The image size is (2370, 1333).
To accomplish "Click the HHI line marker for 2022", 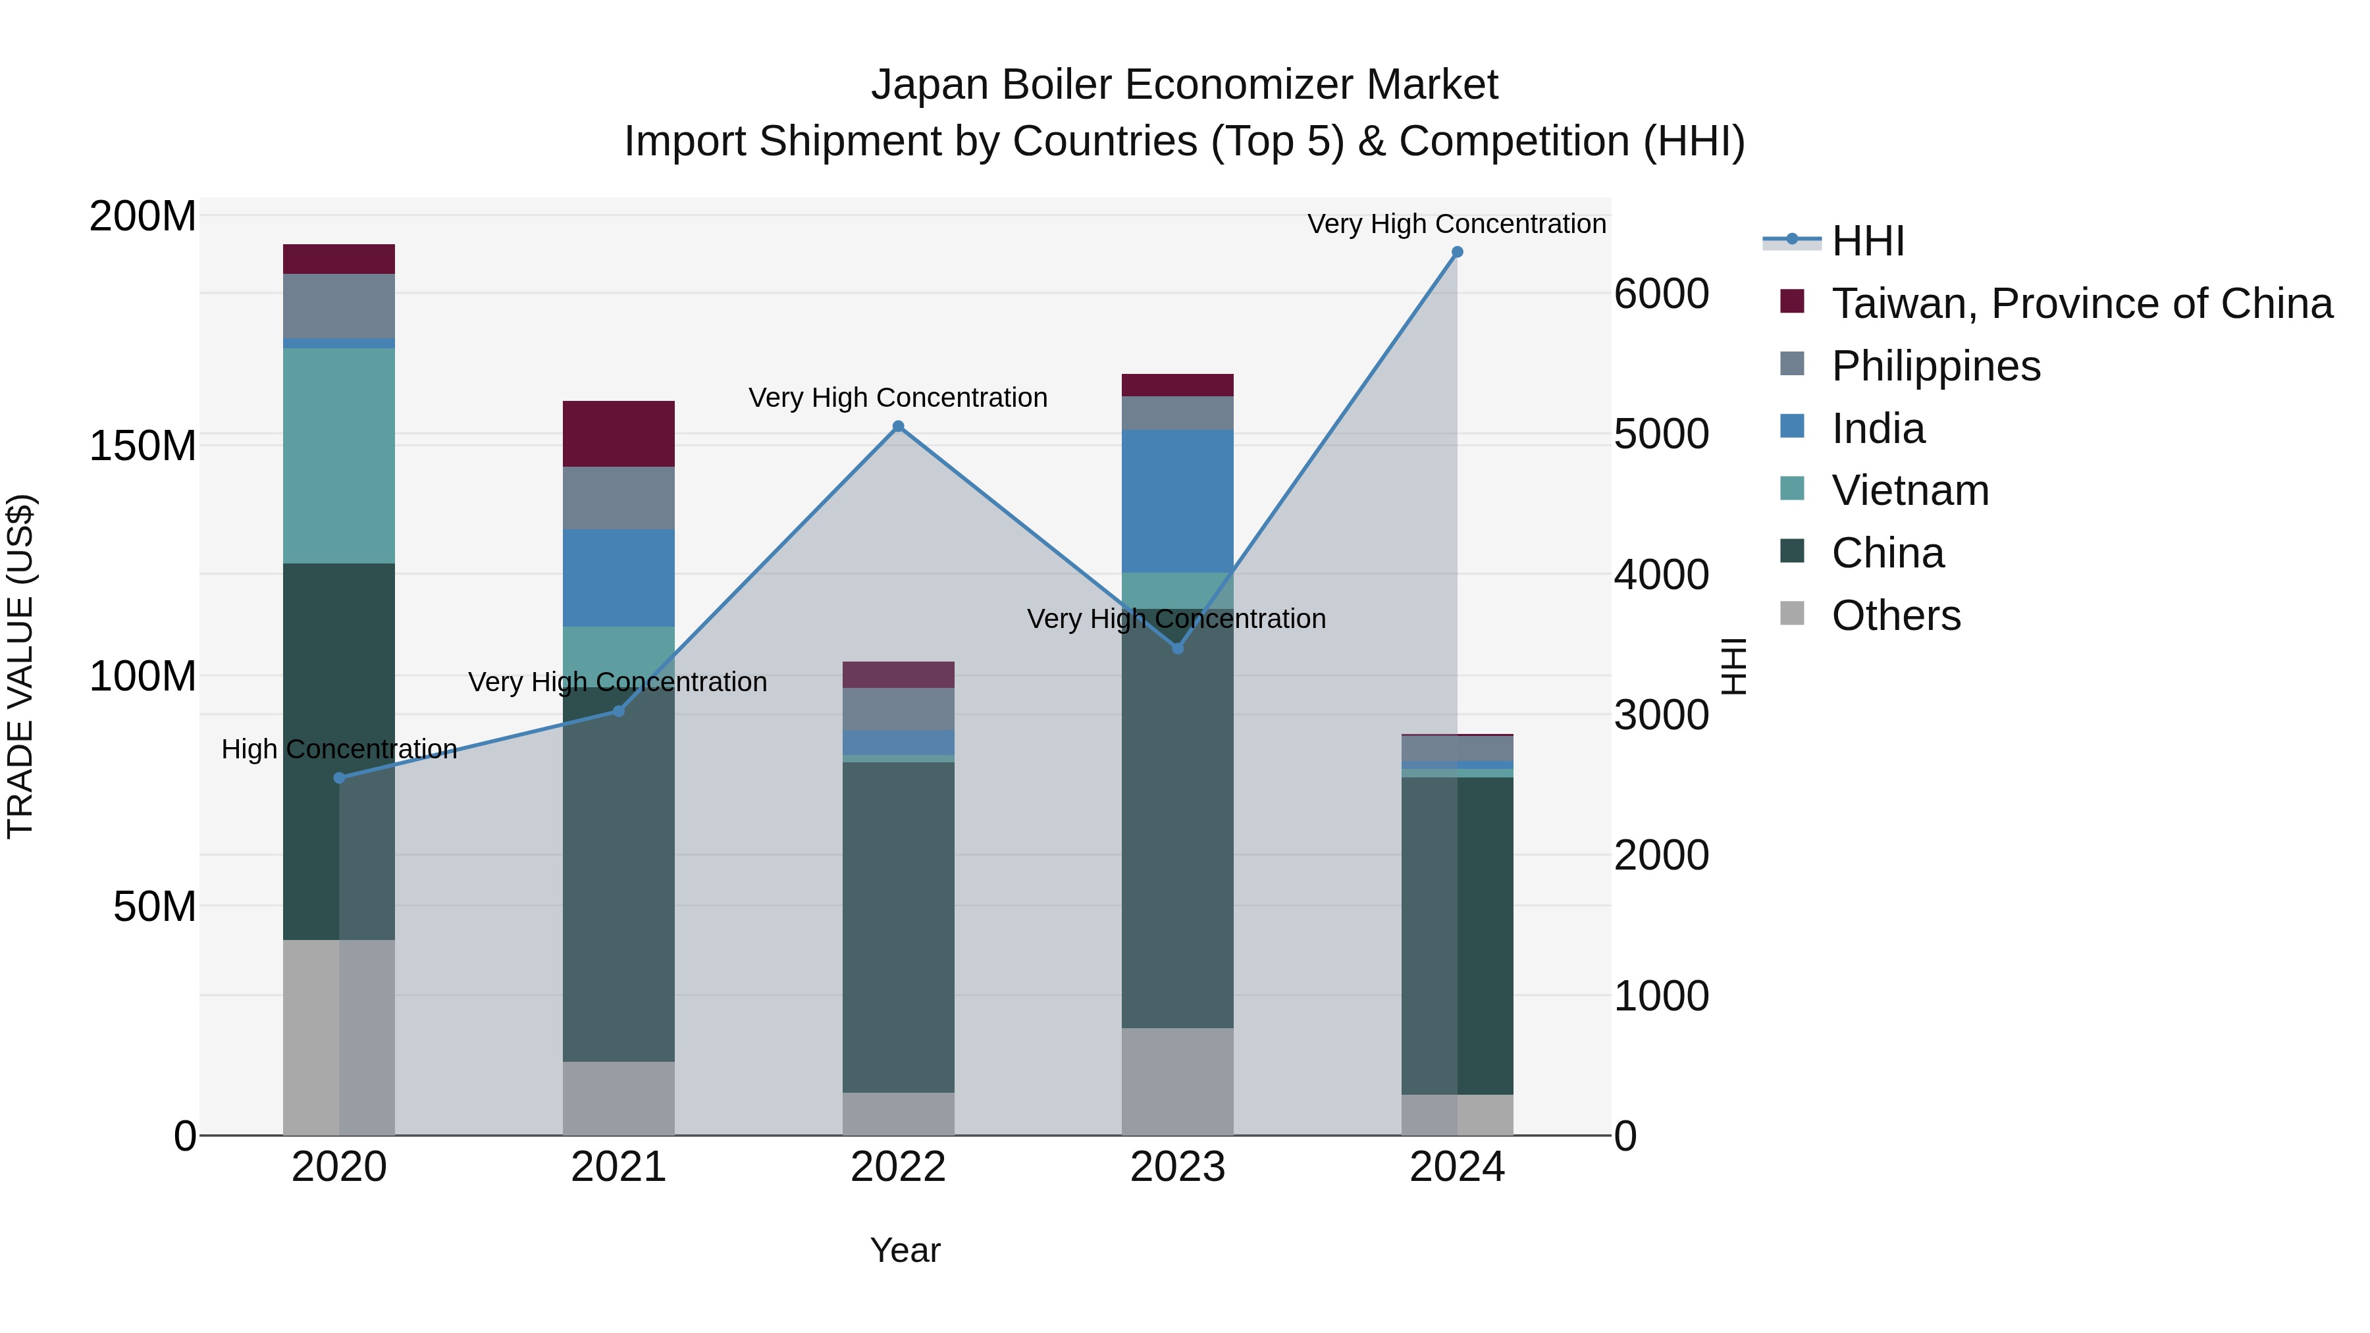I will click(x=898, y=426).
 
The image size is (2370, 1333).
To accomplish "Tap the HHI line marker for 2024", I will click(x=1456, y=252).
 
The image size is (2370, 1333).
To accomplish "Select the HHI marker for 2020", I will click(x=340, y=778).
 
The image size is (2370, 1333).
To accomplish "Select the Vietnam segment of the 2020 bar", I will click(x=338, y=456).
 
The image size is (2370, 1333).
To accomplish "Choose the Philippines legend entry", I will click(x=1935, y=366).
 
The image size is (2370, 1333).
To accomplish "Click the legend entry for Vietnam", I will click(x=1909, y=490).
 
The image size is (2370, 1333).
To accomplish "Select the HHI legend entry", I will click(x=1867, y=241).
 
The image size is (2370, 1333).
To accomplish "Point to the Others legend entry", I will click(x=1895, y=615).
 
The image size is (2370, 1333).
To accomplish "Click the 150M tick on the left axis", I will click(x=143, y=446).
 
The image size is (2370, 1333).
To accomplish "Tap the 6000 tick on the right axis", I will click(x=1661, y=294).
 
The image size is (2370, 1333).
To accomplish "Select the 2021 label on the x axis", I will click(x=618, y=1167).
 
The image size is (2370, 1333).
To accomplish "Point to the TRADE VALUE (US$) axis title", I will click(x=20, y=666).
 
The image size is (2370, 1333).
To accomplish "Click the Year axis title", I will click(x=905, y=1250).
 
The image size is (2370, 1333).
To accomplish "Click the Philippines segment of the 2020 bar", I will click(x=338, y=305).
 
